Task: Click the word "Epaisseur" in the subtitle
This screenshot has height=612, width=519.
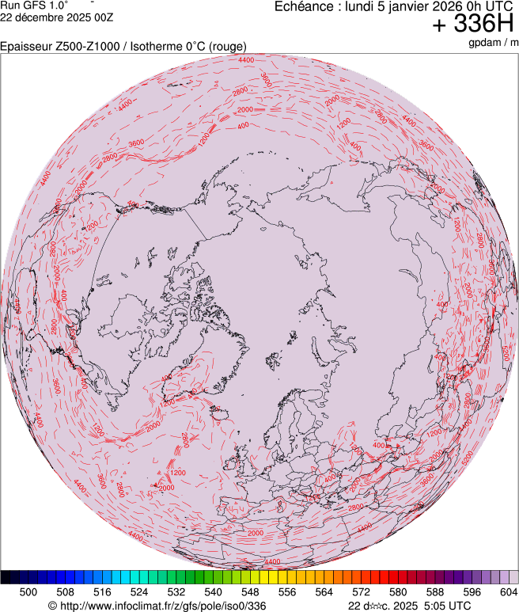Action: coord(26,47)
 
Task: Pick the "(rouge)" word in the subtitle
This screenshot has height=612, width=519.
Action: coord(226,47)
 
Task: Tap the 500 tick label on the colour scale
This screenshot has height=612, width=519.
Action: coord(28,591)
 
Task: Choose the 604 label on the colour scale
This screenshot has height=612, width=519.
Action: coord(508,591)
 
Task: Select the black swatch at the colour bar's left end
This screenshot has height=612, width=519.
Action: coord(10,577)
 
